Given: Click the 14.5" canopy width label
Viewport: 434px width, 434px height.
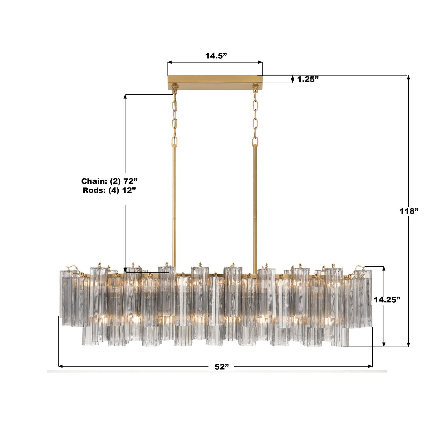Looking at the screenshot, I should (216, 56).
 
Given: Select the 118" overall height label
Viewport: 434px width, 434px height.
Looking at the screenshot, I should (409, 211).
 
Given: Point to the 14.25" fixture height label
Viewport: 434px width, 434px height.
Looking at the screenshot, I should (387, 299).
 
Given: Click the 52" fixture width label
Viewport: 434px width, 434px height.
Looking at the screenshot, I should (222, 367).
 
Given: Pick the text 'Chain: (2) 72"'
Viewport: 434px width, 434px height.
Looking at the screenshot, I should (109, 181).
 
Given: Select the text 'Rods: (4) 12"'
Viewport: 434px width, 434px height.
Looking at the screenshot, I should (109, 190).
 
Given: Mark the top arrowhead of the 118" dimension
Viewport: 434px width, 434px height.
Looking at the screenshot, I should (409, 77).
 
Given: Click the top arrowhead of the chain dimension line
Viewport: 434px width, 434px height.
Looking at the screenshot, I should (125, 96).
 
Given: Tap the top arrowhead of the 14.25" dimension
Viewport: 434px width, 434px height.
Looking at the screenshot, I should (384, 268).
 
